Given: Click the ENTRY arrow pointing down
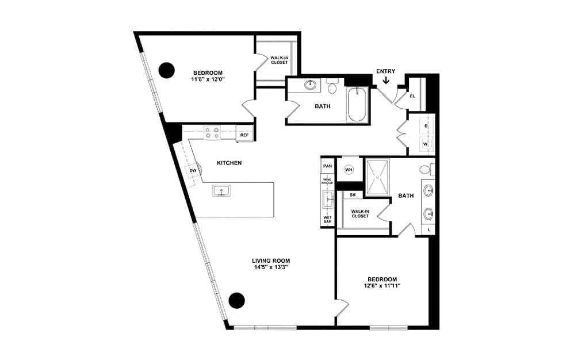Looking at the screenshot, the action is click(386, 80).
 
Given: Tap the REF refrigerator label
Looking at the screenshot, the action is click(244, 135).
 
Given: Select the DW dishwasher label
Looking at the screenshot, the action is click(193, 170).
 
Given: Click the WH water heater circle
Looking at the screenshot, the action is click(349, 170).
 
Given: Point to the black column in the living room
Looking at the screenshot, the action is click(236, 300).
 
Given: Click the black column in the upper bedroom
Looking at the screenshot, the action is click(167, 70).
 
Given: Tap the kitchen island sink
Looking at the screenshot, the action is click(221, 190).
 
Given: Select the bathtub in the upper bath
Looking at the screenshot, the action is click(357, 105).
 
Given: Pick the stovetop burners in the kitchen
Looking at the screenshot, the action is click(212, 133).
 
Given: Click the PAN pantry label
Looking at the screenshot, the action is click(328, 166).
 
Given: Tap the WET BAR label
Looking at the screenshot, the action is click(328, 220).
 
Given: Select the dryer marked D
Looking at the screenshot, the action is click(426, 126).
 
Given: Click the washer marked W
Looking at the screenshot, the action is click(426, 144).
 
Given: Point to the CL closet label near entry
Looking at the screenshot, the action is click(412, 96).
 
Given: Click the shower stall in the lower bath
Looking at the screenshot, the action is click(378, 178).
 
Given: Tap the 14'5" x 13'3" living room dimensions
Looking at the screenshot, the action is click(271, 267).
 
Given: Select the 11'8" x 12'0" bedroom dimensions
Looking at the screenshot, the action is click(208, 79).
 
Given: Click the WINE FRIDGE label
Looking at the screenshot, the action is click(327, 181).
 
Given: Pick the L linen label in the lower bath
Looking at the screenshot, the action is click(429, 230).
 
